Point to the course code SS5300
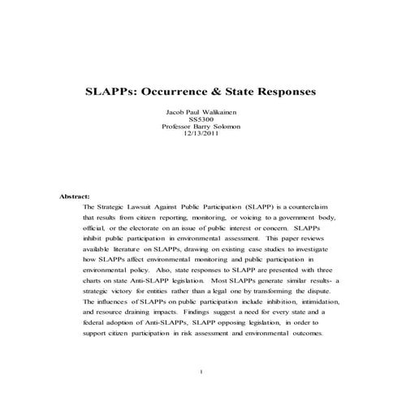201,119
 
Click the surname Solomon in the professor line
222,127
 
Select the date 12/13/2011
201,134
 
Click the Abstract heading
75,197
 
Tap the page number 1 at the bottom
201,373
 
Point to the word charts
96,278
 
